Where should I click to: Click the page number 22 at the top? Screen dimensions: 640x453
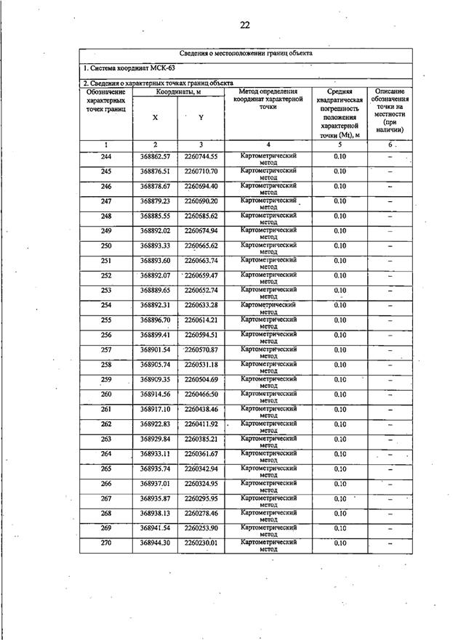245,25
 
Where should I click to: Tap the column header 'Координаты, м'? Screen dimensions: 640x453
178,92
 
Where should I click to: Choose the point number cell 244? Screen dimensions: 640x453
106,157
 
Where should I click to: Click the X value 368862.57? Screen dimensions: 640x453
155,157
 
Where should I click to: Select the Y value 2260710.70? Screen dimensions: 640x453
201,171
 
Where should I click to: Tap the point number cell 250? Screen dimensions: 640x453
106,246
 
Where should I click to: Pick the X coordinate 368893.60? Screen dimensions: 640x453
155,261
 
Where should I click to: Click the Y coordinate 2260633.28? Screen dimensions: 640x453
201,305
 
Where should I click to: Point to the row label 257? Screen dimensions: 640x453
106,350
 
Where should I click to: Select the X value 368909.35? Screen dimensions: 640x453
155,380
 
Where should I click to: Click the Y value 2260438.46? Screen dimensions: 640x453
201,410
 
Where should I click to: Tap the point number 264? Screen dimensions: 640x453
106,454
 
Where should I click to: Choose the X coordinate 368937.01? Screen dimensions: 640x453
155,484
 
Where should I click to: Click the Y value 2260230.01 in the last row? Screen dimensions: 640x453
201,543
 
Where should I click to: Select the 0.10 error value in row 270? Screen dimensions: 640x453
340,543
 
